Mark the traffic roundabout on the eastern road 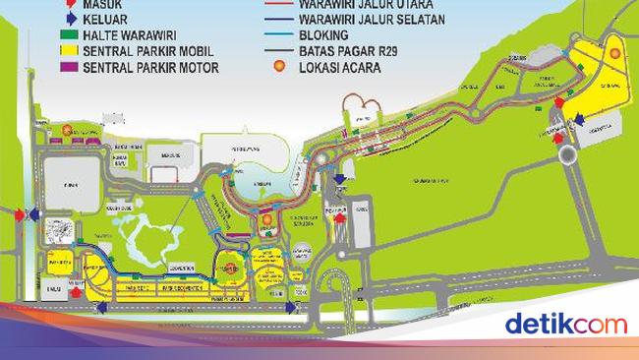pos(568,154)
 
